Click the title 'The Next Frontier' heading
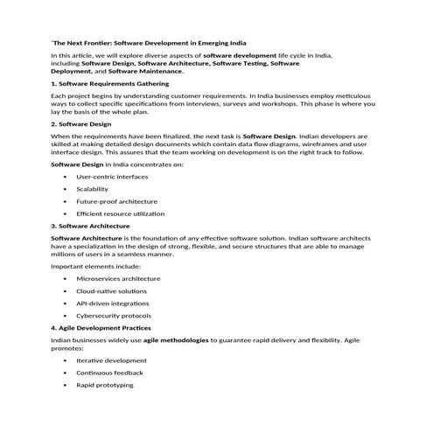pos(149,42)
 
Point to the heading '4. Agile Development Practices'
pos(107,326)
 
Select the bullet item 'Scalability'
pos(94,189)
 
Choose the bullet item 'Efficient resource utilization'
pos(120,213)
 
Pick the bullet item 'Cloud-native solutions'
pos(111,290)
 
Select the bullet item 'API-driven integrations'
pos(112,303)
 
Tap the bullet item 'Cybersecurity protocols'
pos(114,315)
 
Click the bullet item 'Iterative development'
pos(111,360)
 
